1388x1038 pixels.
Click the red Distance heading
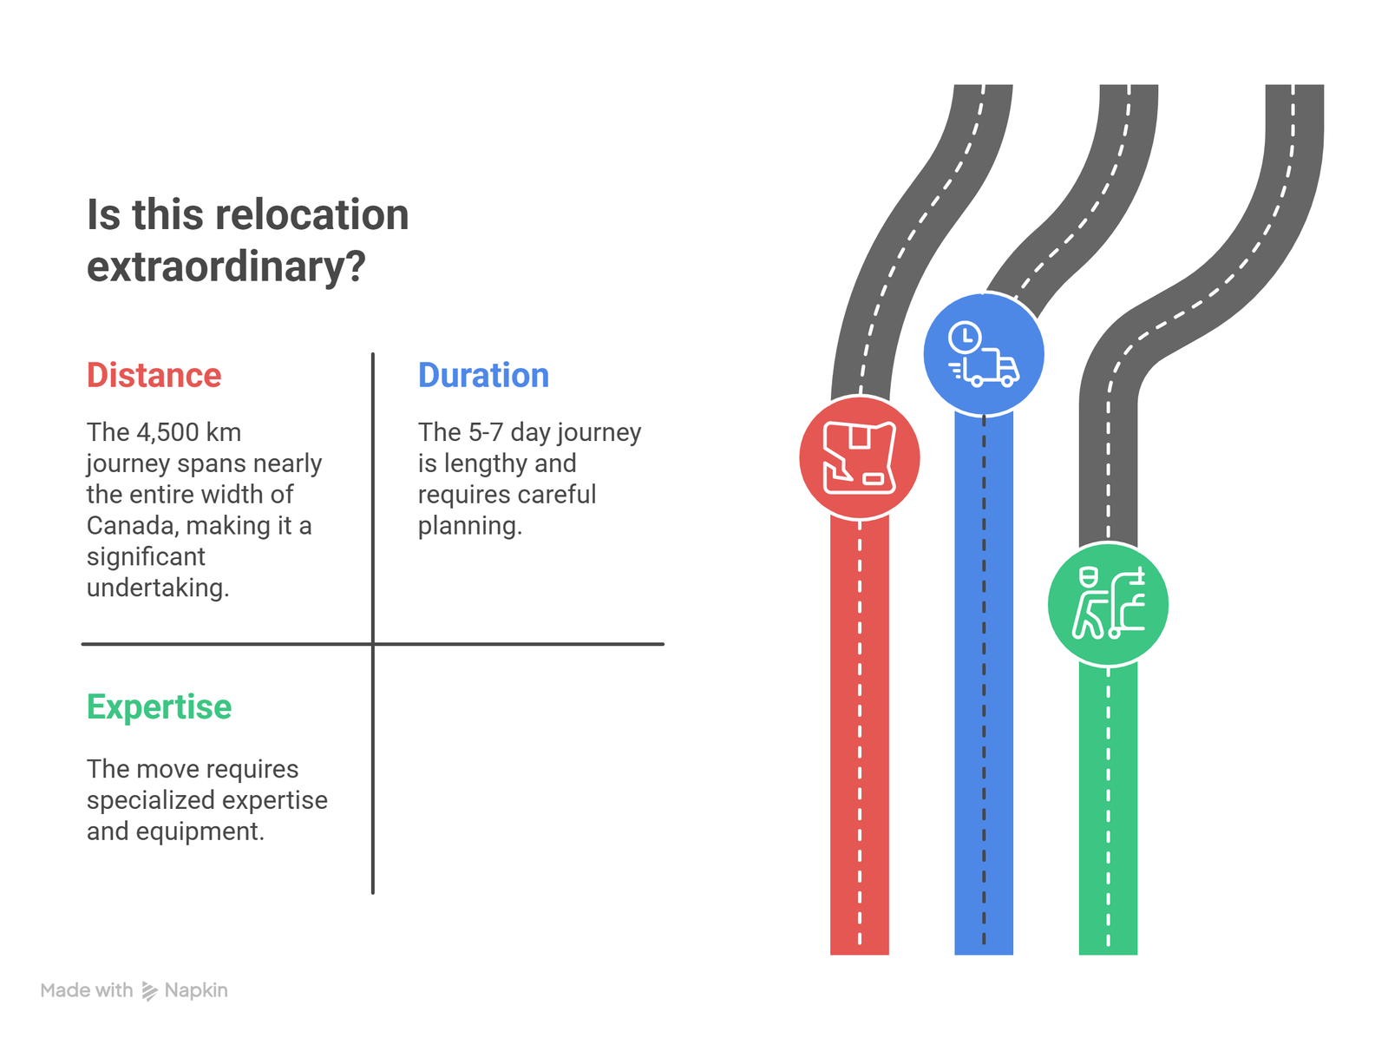coord(154,376)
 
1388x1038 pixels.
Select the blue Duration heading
coord(483,376)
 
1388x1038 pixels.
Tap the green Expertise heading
coord(159,707)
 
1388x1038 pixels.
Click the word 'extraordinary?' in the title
coord(226,266)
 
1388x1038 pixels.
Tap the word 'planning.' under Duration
coord(469,526)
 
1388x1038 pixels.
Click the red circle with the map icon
coord(859,457)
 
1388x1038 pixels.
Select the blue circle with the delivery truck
coord(983,354)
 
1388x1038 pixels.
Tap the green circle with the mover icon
coord(1108,604)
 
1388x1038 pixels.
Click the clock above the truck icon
coord(964,337)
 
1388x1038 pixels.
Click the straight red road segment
coord(859,738)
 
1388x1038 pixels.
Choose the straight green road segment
coord(1108,807)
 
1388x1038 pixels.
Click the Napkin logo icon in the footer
coord(149,991)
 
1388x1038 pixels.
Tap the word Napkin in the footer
coord(196,990)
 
